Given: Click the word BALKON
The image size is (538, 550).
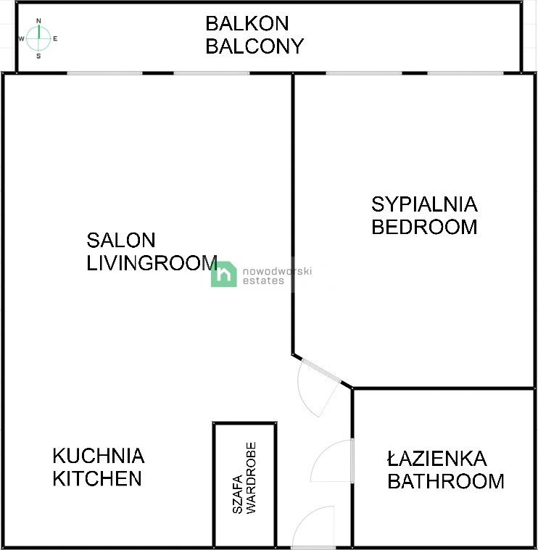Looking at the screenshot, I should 247,23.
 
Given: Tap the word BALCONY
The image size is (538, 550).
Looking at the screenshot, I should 254,46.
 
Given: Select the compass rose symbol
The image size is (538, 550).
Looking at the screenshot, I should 38,38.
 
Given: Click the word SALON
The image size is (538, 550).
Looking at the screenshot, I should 120,240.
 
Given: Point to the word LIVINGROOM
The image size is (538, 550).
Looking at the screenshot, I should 152,262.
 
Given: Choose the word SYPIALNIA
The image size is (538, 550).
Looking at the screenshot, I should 424,204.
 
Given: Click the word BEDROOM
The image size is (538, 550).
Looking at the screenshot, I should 424,227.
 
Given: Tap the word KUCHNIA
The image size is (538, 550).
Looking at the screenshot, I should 98,456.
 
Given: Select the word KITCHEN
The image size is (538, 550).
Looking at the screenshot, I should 96,478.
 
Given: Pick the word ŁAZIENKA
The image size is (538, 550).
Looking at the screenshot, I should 436,459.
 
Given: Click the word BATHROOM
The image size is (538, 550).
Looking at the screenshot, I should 445,481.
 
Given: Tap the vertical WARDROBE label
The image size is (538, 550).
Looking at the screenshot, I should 252,478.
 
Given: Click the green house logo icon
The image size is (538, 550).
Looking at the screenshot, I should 224,274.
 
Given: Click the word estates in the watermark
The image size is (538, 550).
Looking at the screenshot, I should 263,281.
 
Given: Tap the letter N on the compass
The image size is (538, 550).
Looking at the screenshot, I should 38,22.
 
